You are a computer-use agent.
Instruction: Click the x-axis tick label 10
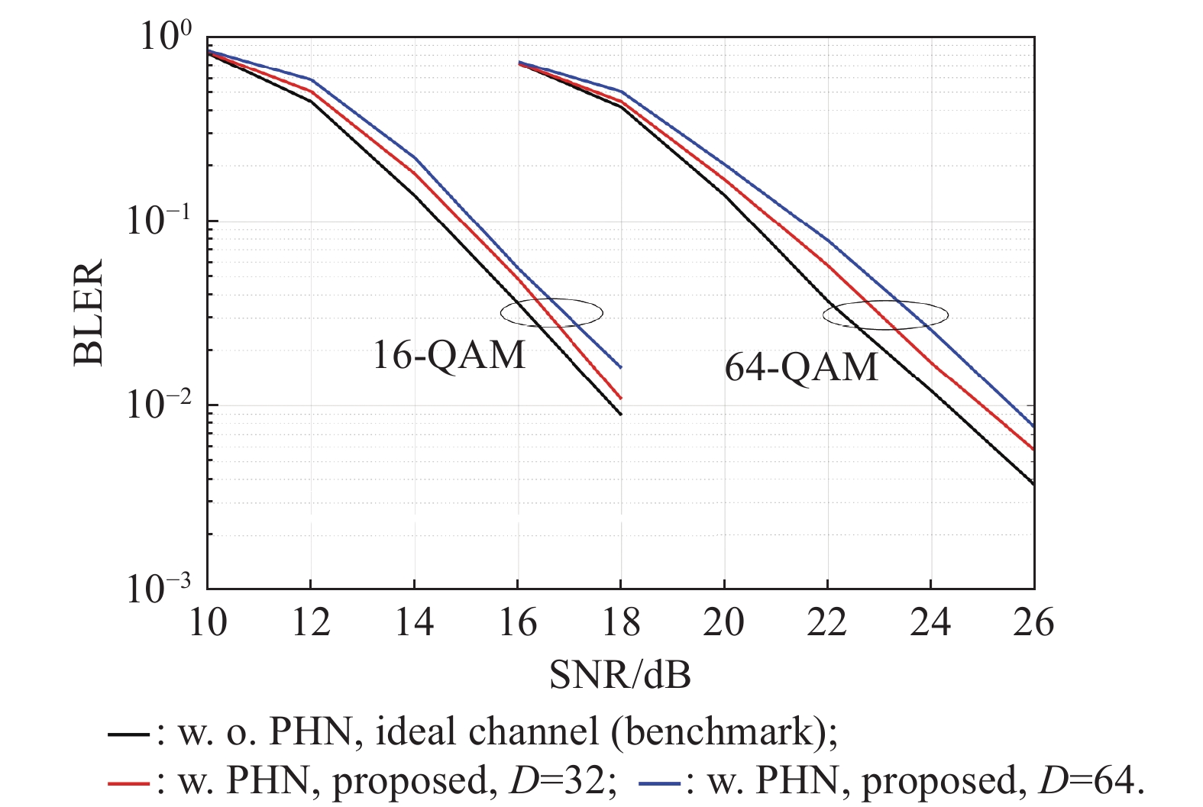point(207,623)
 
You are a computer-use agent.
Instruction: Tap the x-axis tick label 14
point(414,623)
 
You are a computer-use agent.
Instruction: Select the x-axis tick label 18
point(620,623)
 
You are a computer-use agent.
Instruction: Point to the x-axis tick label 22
point(827,623)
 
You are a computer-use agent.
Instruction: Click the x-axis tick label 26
point(1033,623)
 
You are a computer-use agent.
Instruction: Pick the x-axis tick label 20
point(723,623)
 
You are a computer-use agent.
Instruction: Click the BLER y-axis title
point(89,313)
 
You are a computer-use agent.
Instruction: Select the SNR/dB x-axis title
point(620,675)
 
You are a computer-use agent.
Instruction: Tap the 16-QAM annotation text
point(449,355)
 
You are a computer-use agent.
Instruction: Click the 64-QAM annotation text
point(801,368)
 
